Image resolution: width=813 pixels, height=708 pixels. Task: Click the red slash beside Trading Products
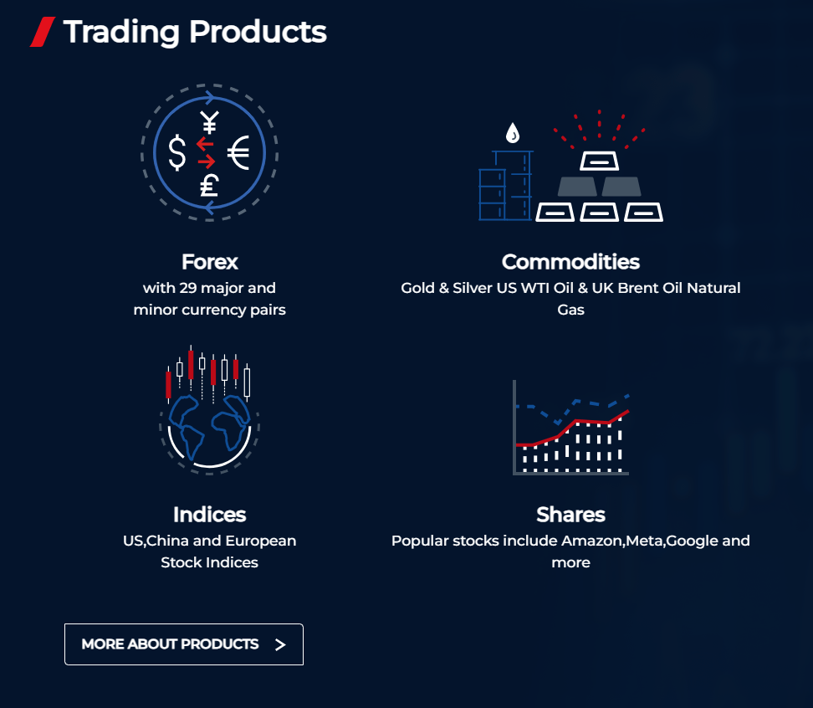pyautogui.click(x=42, y=32)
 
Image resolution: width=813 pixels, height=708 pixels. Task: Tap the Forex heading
pyautogui.click(x=209, y=262)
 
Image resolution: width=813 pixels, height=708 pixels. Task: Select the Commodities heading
pyautogui.click(x=570, y=262)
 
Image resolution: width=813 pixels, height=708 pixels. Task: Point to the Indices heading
pyautogui.click(x=209, y=514)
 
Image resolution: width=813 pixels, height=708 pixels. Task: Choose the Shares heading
pyautogui.click(x=570, y=514)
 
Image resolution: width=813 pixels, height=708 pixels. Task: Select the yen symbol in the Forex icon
pyautogui.click(x=209, y=123)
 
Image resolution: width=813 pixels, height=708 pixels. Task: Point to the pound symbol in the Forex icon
pyautogui.click(x=209, y=184)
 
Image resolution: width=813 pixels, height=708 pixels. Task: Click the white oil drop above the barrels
pyautogui.click(x=512, y=133)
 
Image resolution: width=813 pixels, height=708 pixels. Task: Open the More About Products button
pyautogui.click(x=183, y=644)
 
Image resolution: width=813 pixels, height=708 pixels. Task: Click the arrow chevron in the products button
pyautogui.click(x=280, y=644)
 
